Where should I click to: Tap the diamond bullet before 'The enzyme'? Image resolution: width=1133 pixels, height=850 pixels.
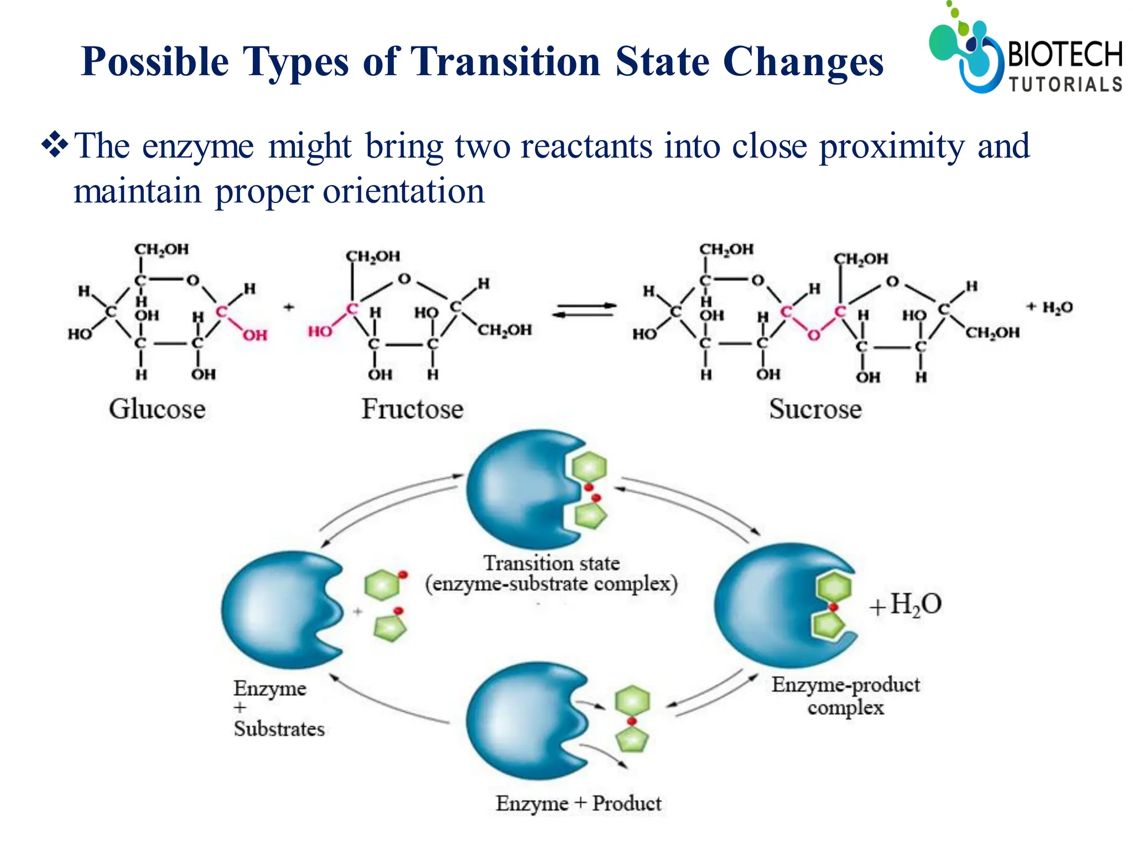pos(55,146)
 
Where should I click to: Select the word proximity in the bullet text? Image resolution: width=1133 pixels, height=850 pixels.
pos(891,147)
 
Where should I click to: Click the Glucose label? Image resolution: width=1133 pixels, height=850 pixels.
pos(157,410)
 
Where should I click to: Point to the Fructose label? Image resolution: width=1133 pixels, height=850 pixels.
pos(412,410)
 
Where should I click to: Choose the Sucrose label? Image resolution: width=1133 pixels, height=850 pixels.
pos(815,410)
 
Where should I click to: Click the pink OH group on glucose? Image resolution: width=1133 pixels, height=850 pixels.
pos(255,335)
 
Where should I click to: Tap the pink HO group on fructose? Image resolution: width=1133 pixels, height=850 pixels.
pos(320,331)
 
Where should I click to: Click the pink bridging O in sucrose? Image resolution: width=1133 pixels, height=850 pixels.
pos(813,335)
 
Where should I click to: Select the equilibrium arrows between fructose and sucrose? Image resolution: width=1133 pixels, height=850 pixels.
pos(585,310)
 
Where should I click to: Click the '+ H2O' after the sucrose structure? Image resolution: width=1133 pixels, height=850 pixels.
pos(1049,307)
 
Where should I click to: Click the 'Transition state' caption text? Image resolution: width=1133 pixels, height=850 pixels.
pos(552,563)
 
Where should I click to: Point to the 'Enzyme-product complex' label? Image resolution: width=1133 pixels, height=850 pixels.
pos(845,696)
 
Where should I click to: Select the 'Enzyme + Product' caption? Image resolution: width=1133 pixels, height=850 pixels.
pos(578,804)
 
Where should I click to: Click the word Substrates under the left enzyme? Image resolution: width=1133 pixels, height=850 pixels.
pos(279,729)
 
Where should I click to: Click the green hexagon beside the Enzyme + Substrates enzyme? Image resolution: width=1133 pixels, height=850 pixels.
pos(382,585)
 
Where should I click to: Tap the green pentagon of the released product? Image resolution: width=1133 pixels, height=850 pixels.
pos(632,739)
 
